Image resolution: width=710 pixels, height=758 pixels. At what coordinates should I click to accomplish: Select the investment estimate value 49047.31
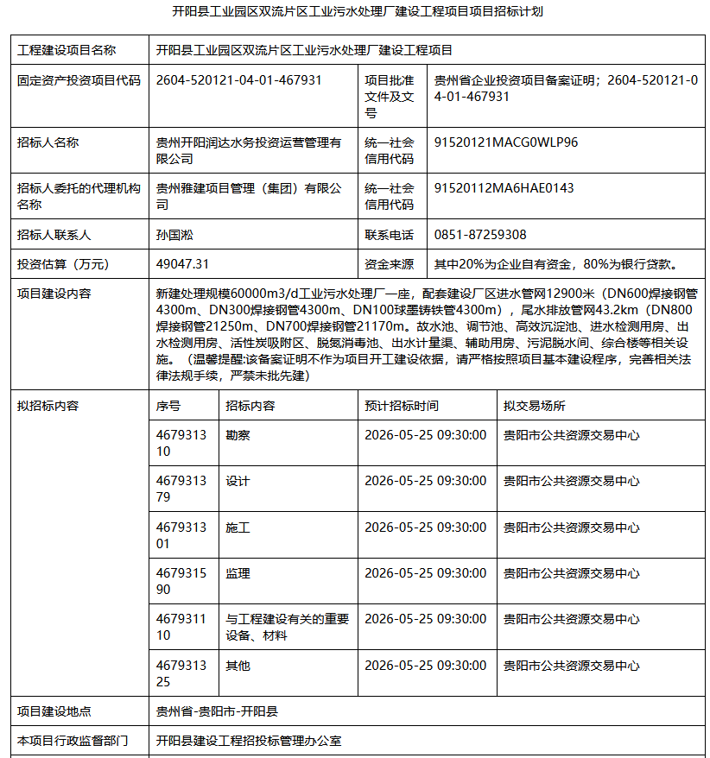182,263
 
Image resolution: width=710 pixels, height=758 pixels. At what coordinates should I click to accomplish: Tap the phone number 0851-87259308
480,235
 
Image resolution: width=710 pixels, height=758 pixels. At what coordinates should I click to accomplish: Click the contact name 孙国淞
174,235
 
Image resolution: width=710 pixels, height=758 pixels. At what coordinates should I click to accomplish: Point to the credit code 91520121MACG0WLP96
506,142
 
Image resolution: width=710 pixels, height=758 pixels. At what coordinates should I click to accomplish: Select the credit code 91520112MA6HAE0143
504,188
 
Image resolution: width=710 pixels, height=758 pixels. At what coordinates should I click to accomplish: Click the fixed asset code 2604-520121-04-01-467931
239,80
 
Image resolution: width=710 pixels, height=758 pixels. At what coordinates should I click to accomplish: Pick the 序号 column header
168,406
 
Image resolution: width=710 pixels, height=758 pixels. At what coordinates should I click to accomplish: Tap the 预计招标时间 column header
401,406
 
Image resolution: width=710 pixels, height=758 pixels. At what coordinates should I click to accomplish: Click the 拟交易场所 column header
535,406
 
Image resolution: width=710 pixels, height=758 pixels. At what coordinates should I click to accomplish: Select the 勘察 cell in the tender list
238,435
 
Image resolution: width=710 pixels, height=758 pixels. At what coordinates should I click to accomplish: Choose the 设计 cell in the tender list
238,481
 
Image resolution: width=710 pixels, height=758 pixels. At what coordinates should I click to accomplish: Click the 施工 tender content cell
238,527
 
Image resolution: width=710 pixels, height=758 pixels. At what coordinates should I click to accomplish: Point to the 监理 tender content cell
238,573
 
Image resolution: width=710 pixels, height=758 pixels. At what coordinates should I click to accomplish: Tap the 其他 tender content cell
238,666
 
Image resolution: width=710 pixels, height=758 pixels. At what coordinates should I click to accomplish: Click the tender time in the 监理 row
425,573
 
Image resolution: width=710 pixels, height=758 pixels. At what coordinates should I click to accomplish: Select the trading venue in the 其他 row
572,666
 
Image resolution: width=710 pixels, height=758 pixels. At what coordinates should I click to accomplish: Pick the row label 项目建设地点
54,711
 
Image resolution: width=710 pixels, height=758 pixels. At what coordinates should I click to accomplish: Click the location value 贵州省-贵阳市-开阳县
217,711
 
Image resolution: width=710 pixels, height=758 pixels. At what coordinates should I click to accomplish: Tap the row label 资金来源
389,263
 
